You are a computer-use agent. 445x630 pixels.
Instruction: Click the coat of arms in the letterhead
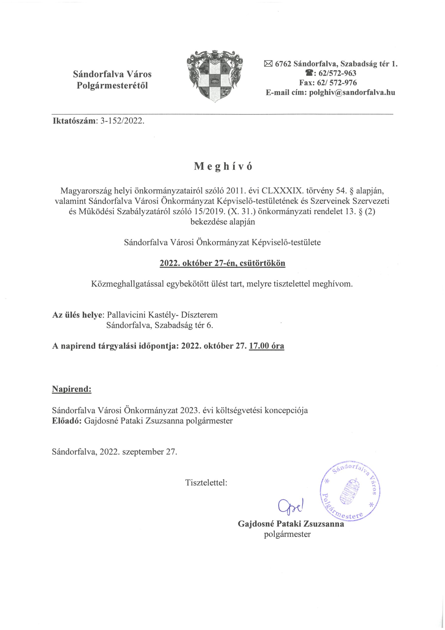tap(215, 77)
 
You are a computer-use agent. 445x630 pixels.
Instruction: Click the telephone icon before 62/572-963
tap(309, 73)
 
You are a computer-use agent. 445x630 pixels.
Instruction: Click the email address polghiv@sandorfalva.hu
tap(352, 92)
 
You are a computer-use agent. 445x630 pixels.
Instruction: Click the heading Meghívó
tap(223, 167)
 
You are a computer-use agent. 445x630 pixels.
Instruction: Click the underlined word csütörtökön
tap(262, 263)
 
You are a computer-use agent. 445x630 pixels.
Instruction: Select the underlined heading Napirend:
tap(72, 389)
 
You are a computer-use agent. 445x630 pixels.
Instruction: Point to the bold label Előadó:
tap(67, 421)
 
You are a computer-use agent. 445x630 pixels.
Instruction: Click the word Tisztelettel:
tap(206, 483)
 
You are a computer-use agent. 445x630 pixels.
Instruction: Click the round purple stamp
tap(350, 491)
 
